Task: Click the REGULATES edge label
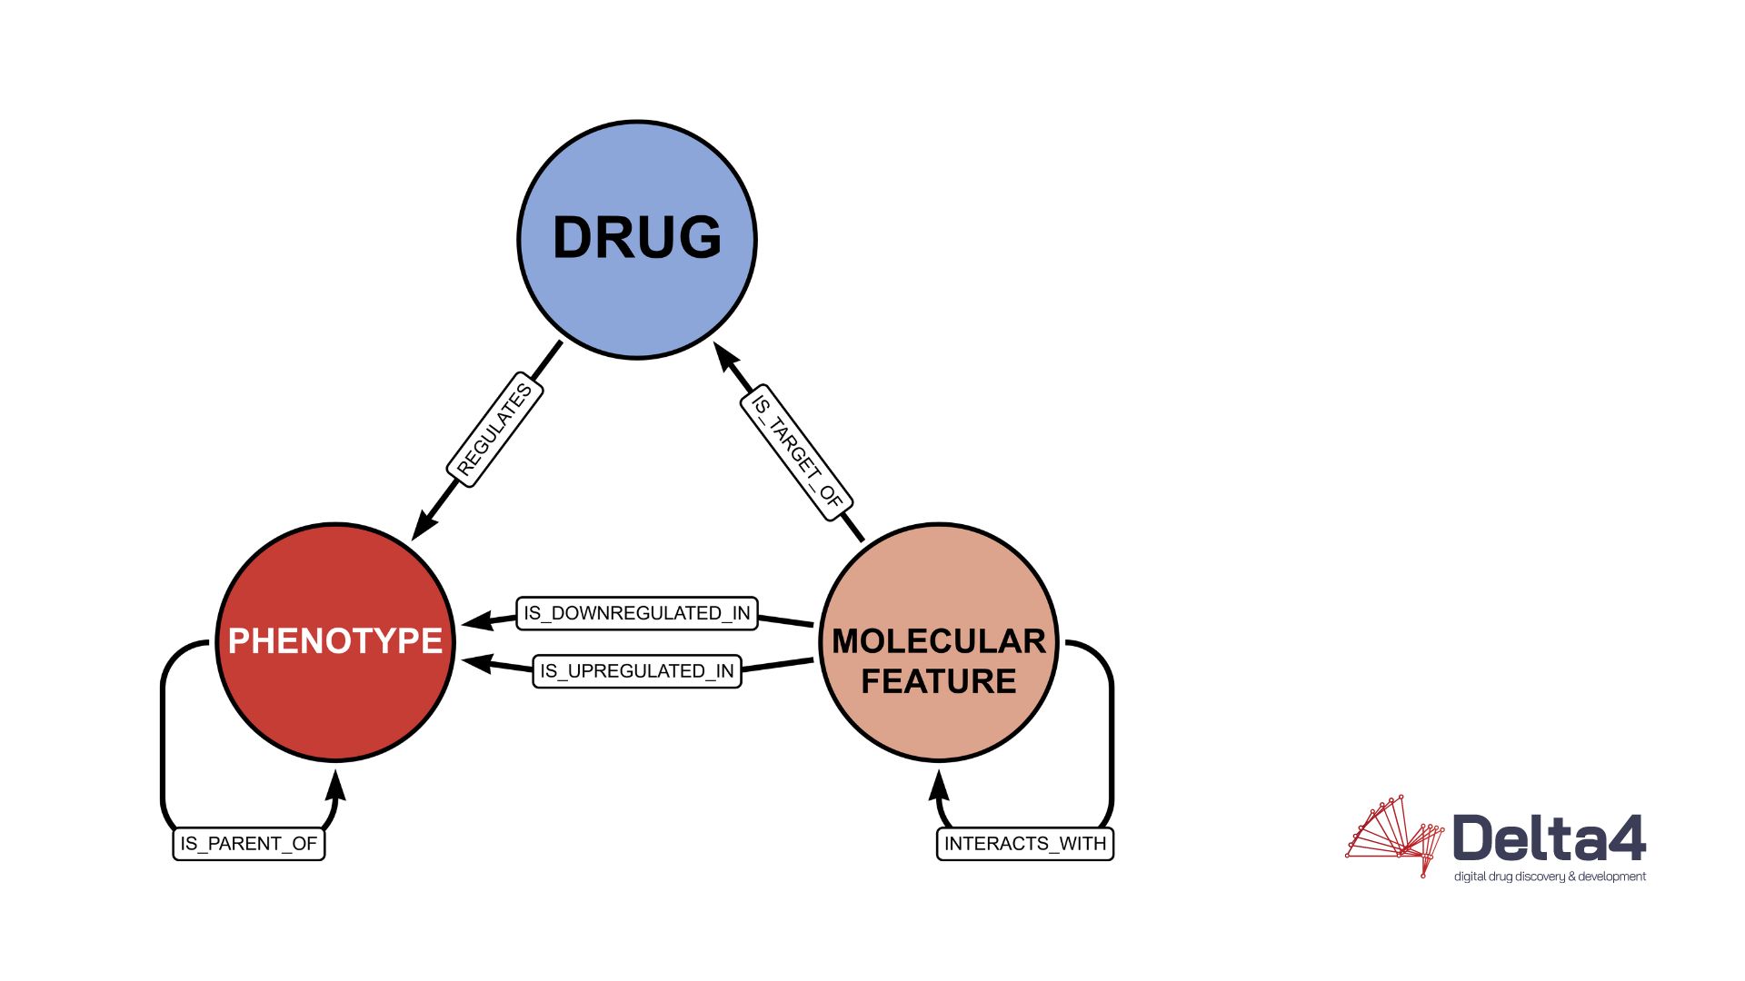(x=495, y=430)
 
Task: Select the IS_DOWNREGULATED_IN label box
(x=637, y=613)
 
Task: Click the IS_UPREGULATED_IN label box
(x=637, y=671)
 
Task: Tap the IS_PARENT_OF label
(x=249, y=844)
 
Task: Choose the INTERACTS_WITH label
(x=1025, y=844)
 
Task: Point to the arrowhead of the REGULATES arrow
(x=423, y=527)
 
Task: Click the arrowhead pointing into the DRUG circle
(x=725, y=356)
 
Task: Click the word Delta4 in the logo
(x=1549, y=837)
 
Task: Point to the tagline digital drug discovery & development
(x=1550, y=877)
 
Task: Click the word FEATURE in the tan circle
(x=939, y=681)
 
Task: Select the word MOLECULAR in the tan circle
(x=939, y=641)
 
